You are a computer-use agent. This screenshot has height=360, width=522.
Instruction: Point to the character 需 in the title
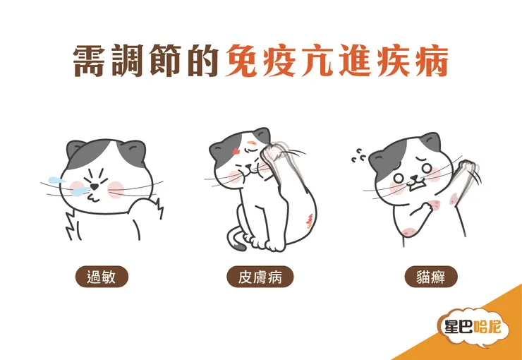[x=92, y=62]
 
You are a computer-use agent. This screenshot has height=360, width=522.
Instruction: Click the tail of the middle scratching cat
[x=239, y=240]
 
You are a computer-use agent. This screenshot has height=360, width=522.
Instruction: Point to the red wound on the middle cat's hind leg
[x=308, y=220]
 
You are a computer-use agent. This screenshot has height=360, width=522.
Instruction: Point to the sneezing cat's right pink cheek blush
[x=116, y=188]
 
